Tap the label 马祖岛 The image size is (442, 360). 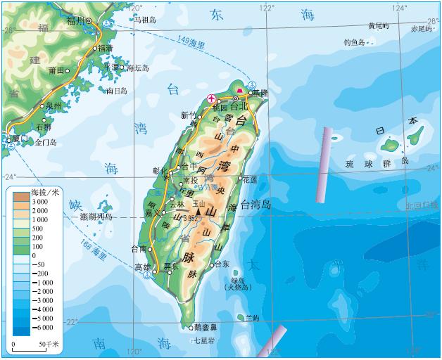tap(148, 20)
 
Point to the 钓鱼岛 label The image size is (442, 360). tap(354, 42)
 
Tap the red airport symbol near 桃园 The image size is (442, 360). tap(210, 98)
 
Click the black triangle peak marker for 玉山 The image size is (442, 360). tap(199, 211)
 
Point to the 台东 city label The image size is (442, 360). tap(222, 264)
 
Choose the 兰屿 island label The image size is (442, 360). tap(251, 319)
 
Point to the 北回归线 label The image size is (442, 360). tap(420, 206)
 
